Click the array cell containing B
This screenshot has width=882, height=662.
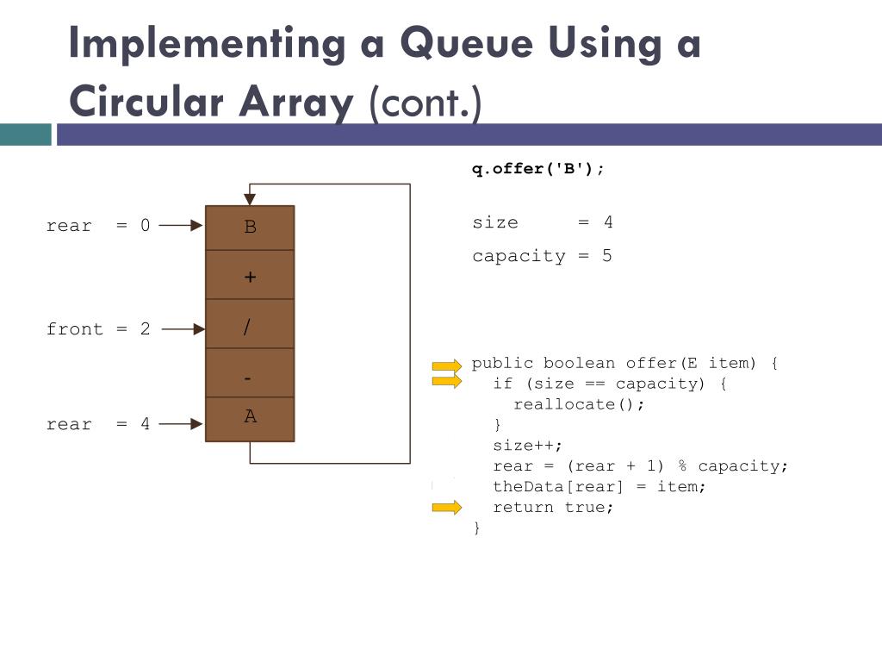[x=250, y=228]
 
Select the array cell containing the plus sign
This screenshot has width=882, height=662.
[x=250, y=276]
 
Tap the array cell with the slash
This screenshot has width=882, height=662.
[x=250, y=325]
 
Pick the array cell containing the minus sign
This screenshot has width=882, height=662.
[x=250, y=374]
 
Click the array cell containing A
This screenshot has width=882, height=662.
[x=250, y=419]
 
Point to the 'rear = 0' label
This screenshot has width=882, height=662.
[x=97, y=226]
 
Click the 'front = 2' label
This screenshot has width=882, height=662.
[x=97, y=329]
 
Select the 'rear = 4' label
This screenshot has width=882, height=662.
[x=97, y=424]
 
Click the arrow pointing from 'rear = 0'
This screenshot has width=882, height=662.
[x=181, y=226]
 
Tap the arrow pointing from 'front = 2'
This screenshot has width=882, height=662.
[x=183, y=328]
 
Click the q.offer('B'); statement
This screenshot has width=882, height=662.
[x=537, y=169]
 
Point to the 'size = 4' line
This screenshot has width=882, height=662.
[x=542, y=222]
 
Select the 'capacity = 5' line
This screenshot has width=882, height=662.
[x=542, y=256]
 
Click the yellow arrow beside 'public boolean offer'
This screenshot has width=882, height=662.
[x=447, y=365]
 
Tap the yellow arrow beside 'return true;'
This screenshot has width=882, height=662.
[x=447, y=508]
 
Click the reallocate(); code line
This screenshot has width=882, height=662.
[x=579, y=404]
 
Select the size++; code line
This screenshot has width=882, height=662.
[x=527, y=446]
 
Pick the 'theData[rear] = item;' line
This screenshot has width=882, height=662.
[x=599, y=487]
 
